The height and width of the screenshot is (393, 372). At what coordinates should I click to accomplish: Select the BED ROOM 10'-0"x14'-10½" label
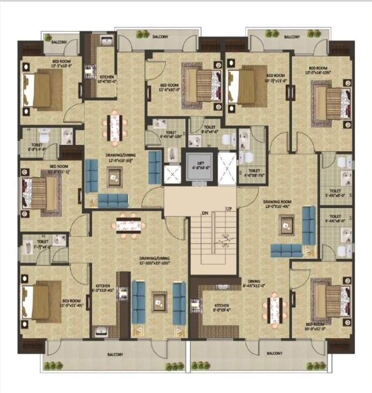[x=318, y=70]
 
